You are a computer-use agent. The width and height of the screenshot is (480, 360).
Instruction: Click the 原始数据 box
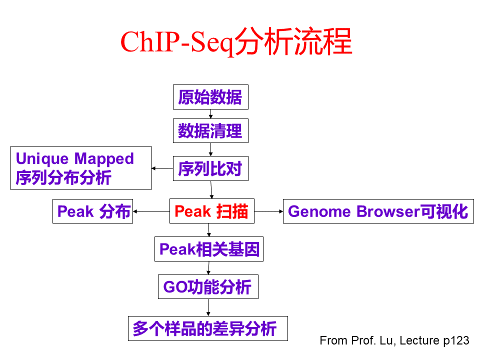pyautogui.click(x=210, y=97)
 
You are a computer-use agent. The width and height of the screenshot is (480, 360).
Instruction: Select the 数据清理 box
pyautogui.click(x=210, y=130)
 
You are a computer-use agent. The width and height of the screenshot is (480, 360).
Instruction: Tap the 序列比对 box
pyautogui.click(x=210, y=168)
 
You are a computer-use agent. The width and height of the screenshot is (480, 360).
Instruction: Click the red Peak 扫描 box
pyautogui.click(x=212, y=211)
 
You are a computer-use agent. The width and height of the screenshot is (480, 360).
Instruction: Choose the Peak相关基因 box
pyautogui.click(x=209, y=249)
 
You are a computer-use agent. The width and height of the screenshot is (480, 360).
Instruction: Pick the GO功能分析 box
pyautogui.click(x=208, y=287)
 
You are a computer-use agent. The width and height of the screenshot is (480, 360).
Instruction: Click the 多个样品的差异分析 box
pyautogui.click(x=208, y=328)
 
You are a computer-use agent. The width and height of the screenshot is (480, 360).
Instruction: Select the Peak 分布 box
pyautogui.click(x=93, y=211)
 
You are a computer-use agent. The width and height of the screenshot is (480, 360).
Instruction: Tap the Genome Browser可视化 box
pyautogui.click(x=378, y=211)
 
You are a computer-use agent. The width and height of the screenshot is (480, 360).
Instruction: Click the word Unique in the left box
pyautogui.click(x=42, y=159)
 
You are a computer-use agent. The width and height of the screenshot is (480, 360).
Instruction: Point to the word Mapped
pyautogui.click(x=104, y=159)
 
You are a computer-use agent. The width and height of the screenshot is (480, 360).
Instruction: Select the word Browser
pyautogui.click(x=388, y=211)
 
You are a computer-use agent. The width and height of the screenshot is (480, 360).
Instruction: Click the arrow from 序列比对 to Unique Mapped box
pyautogui.click(x=162, y=168)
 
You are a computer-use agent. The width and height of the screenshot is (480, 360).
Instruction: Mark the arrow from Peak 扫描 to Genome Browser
pyautogui.click(x=269, y=211)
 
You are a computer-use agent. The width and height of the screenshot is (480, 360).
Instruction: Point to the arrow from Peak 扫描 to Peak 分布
pyautogui.click(x=151, y=211)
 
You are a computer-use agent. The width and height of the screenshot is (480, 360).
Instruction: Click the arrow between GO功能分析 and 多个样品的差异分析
pyautogui.click(x=208, y=307)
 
